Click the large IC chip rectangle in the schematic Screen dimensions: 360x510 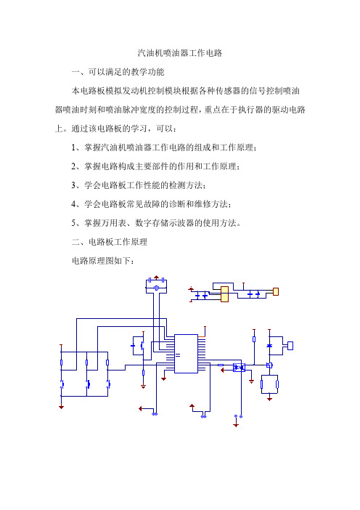click(x=186, y=354)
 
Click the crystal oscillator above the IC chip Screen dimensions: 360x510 click(x=156, y=288)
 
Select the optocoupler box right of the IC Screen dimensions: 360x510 click(x=239, y=368)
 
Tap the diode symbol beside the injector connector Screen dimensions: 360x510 click(x=269, y=345)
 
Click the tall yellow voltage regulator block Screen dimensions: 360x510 click(x=224, y=294)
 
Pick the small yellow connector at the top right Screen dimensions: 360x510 click(x=276, y=291)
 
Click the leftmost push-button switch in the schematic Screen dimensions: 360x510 click(x=62, y=384)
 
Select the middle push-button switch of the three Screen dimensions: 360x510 click(x=87, y=384)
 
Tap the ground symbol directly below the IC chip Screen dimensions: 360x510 click(x=164, y=379)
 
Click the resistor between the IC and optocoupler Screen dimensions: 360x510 click(x=221, y=365)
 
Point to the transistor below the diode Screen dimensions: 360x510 click(x=269, y=365)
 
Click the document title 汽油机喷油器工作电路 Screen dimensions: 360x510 click(x=180, y=53)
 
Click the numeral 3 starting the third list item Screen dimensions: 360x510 click(x=73, y=185)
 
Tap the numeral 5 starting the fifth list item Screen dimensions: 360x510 click(x=73, y=223)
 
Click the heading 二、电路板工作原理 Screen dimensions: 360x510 click(x=110, y=242)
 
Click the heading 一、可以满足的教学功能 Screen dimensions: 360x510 click(x=118, y=72)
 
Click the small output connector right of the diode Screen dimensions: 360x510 click(x=290, y=346)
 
